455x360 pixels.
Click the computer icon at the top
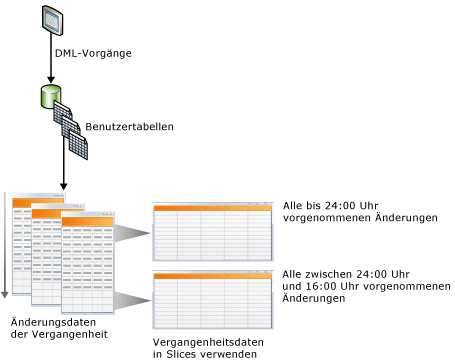[x=51, y=18]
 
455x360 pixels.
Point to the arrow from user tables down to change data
[x=64, y=170]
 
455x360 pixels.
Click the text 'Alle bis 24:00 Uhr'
[x=333, y=205]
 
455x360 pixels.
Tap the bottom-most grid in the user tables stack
[x=78, y=147]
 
